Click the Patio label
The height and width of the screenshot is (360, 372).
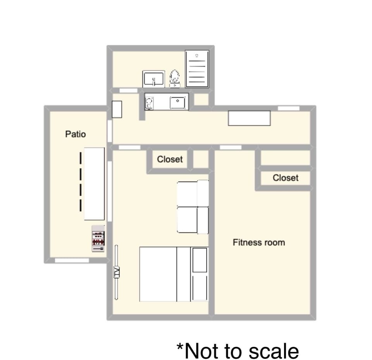click(76, 134)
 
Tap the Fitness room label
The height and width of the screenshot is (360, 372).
click(258, 243)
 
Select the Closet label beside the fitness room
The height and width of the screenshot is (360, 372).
click(285, 178)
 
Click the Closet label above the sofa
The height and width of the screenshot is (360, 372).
click(170, 159)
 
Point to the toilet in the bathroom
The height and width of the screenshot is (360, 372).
click(175, 78)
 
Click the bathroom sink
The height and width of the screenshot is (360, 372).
click(154, 79)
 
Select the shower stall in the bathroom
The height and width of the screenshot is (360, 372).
click(197, 69)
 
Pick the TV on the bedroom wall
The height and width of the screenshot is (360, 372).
click(116, 272)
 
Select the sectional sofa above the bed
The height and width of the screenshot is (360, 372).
click(192, 207)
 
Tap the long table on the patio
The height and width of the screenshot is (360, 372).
click(94, 183)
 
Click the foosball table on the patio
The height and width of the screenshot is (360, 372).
click(98, 238)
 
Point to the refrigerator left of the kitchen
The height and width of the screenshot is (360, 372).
click(117, 109)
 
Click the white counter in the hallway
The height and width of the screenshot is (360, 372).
click(249, 118)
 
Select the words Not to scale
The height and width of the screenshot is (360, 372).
click(238, 351)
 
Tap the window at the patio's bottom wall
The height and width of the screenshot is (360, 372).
click(72, 260)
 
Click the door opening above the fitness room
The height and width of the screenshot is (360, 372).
click(231, 147)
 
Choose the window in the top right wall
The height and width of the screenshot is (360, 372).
click(289, 108)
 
